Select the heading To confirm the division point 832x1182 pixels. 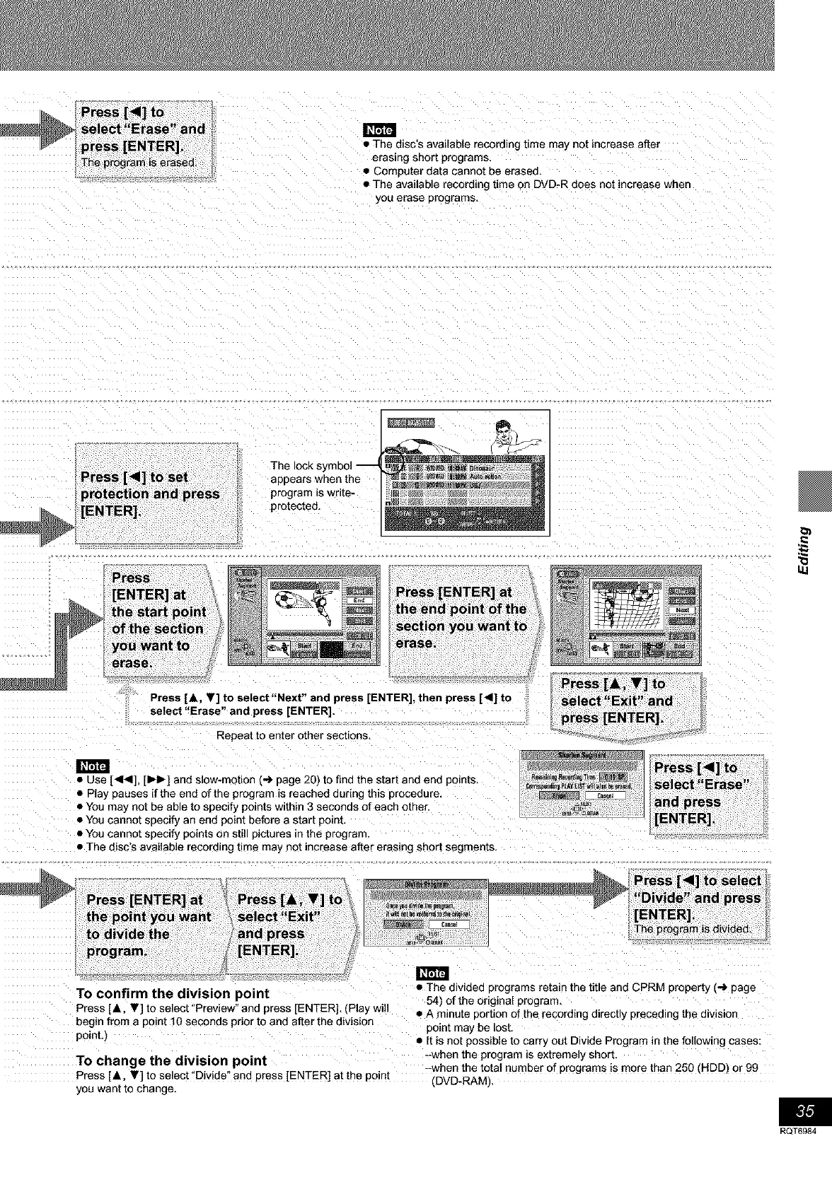click(x=173, y=993)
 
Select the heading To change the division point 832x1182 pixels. click(x=171, y=1060)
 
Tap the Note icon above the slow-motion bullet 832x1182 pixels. click(x=92, y=766)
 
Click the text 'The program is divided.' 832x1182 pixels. click(x=692, y=929)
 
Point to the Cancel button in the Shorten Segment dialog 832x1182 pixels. click(x=606, y=795)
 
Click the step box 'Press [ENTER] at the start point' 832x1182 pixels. click(x=160, y=620)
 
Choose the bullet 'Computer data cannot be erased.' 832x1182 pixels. click(x=457, y=171)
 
